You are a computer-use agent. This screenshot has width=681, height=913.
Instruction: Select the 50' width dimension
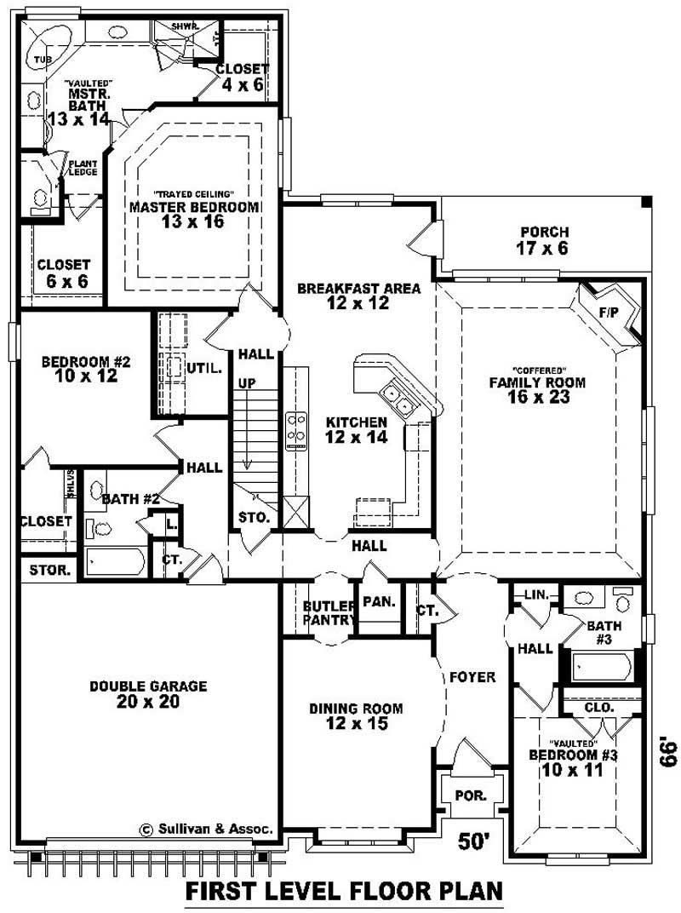[475, 841]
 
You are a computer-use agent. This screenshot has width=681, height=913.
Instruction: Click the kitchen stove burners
[296, 428]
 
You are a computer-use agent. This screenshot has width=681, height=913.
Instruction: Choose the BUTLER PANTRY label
[329, 613]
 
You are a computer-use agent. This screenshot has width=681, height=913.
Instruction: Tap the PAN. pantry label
[378, 602]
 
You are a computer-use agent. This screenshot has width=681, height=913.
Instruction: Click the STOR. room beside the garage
[50, 570]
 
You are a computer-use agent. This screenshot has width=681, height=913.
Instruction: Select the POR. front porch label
[470, 795]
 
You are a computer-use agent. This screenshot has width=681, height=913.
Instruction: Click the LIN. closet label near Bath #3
[535, 594]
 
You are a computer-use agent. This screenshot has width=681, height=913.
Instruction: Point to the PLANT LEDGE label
[83, 168]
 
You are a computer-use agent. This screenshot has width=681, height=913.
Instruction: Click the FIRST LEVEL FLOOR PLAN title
[344, 891]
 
